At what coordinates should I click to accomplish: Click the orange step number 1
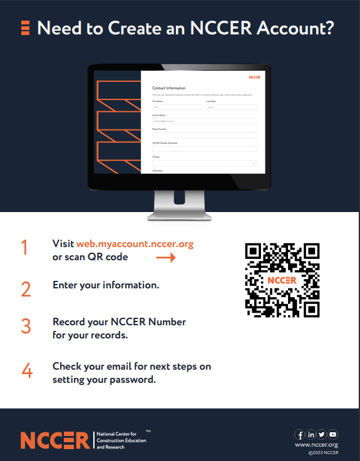point(24,248)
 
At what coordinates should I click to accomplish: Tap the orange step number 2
point(26,289)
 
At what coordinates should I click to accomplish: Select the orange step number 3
point(26,327)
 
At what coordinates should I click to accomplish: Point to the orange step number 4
point(26,370)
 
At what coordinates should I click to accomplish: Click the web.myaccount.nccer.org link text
point(135,244)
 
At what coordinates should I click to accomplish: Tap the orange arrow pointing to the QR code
point(165,257)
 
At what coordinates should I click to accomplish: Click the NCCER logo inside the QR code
point(282,280)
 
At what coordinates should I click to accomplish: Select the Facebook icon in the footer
point(301,435)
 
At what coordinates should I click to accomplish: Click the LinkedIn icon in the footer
point(311,435)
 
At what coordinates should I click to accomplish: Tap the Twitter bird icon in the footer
point(322,435)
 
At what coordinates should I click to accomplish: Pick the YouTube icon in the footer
point(332,435)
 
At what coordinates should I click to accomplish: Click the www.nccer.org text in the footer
point(317,445)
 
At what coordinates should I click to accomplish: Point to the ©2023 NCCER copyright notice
point(323,453)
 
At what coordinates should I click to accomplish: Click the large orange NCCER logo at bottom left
point(55,440)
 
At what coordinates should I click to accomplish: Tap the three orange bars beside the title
point(26,27)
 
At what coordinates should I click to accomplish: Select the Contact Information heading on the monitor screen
point(168,88)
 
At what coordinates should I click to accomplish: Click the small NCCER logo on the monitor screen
point(254,77)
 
